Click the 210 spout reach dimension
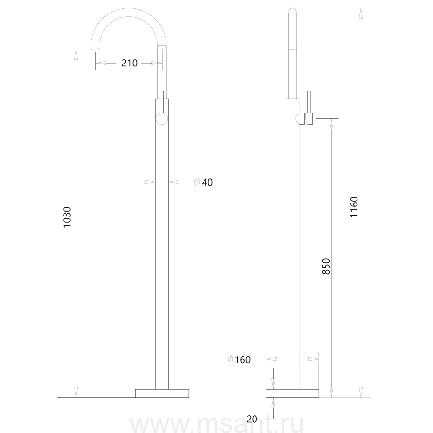129,63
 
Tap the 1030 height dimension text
67,217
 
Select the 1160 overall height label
354,207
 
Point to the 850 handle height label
326,266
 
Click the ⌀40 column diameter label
204,182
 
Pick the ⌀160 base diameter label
239,359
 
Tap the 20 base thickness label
252,419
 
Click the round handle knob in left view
162,119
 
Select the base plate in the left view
162,393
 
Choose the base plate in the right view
293,393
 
